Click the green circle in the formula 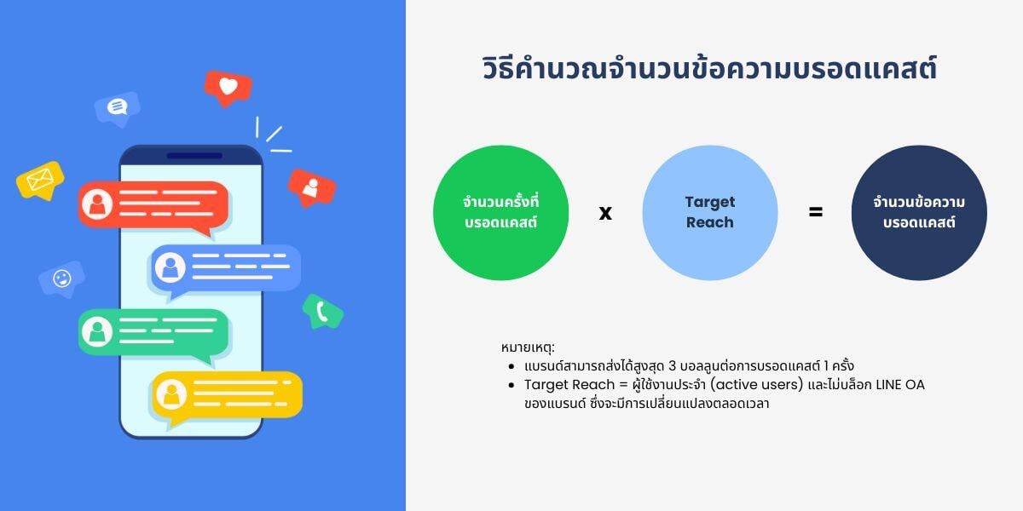500,213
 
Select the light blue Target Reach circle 709,213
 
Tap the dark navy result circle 919,213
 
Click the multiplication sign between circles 605,213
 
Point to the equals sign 816,212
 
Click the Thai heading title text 708,69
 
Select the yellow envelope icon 40,180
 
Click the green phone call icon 323,312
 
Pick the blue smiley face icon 61,278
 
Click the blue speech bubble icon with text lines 117,106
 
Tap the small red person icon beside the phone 311,186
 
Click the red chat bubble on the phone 154,204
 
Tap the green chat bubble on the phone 153,331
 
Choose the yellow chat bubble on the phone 227,393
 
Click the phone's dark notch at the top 194,156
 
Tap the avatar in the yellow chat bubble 173,393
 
